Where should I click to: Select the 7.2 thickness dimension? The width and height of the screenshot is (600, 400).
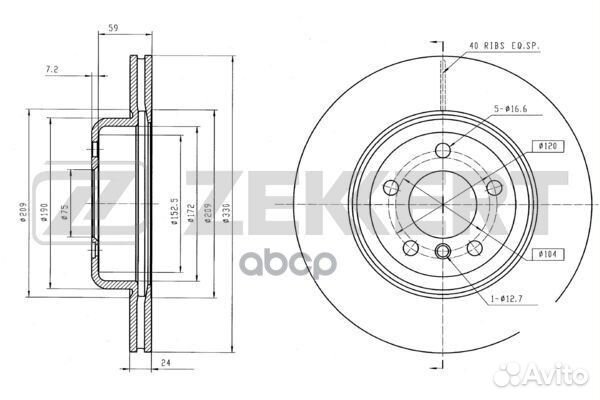(x=52, y=69)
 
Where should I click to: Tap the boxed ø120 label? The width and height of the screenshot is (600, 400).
(x=547, y=147)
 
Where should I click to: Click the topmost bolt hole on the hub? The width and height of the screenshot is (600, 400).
(x=443, y=150)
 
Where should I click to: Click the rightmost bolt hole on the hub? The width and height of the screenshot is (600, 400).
(x=490, y=185)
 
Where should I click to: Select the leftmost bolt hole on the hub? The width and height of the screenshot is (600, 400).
(x=396, y=185)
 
